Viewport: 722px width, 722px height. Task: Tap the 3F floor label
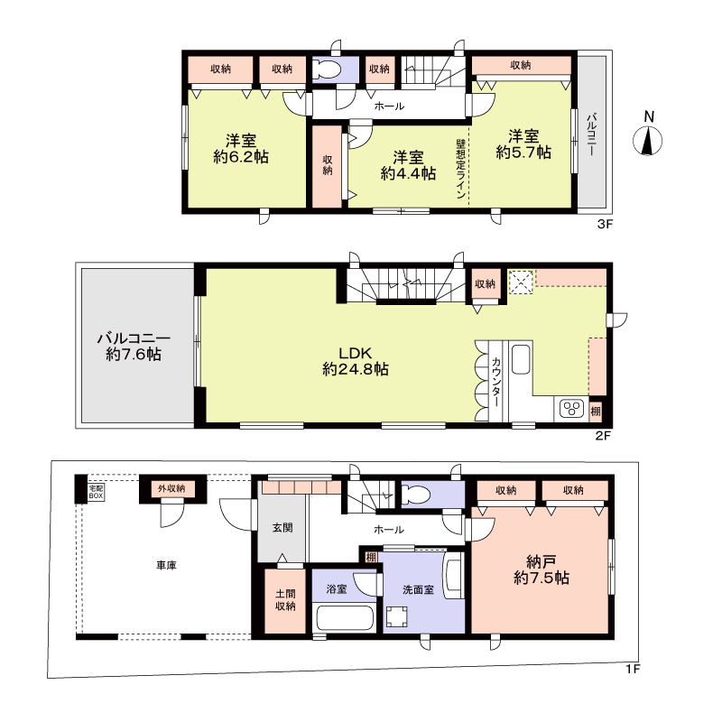tap(605, 224)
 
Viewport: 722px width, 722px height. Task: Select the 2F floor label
tap(603, 435)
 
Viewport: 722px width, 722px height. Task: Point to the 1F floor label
tap(633, 669)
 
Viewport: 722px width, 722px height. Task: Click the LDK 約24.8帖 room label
tap(356, 361)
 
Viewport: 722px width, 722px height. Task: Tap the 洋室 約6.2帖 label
tap(241, 148)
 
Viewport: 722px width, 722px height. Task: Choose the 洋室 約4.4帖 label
tap(408, 165)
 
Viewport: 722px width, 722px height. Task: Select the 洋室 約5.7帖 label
tap(523, 144)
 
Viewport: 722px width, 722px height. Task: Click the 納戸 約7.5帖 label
tap(541, 569)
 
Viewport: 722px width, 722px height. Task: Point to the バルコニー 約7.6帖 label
tap(134, 347)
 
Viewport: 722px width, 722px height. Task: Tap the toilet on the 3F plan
tap(326, 69)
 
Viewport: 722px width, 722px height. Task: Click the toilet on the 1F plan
tap(416, 495)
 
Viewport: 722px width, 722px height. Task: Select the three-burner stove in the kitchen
tap(572, 409)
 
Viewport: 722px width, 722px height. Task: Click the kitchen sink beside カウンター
tap(522, 359)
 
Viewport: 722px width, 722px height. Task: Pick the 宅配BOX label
tap(96, 492)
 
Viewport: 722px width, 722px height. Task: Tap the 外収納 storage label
tap(171, 488)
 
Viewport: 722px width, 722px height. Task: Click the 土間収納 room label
tap(285, 600)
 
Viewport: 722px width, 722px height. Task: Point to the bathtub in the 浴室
tap(345, 618)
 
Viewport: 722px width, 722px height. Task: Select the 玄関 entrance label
tap(282, 528)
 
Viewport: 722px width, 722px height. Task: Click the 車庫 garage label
tap(166, 565)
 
